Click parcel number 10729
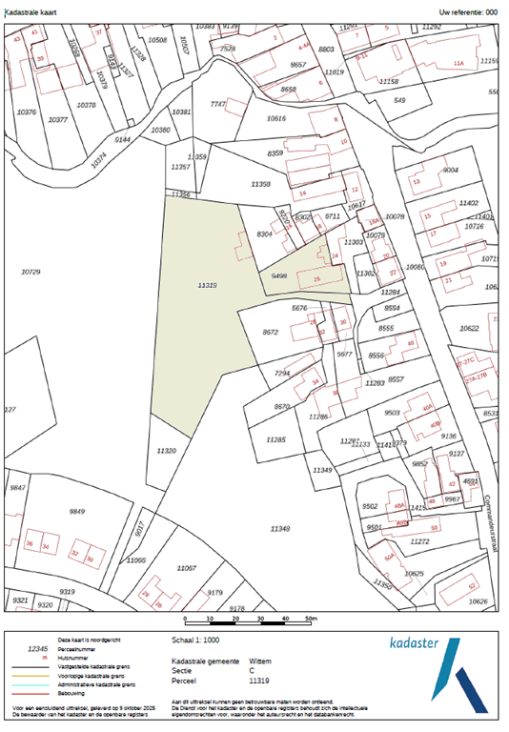(x=31, y=273)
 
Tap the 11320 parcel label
(x=166, y=451)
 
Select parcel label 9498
(x=279, y=275)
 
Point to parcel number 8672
(x=270, y=332)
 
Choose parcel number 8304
(x=266, y=234)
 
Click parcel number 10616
(x=276, y=119)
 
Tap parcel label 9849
(x=77, y=512)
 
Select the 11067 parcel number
(x=186, y=567)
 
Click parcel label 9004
(x=451, y=170)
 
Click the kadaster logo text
(x=410, y=643)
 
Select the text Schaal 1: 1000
(x=199, y=641)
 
